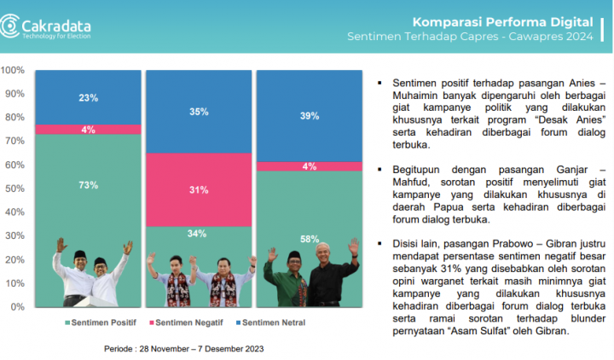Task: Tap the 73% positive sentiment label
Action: click(x=89, y=184)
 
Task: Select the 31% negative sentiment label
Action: click(x=199, y=189)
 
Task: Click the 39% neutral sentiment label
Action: click(x=310, y=115)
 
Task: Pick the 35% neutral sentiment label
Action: click(x=199, y=111)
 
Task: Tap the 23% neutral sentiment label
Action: click(x=89, y=97)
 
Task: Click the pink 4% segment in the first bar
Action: click(x=89, y=130)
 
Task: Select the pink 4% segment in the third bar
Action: click(x=310, y=166)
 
